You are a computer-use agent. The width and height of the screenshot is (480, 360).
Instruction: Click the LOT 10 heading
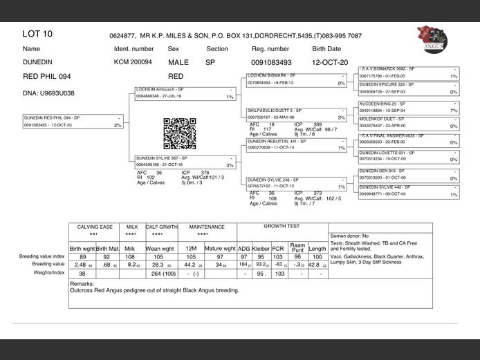point(37,34)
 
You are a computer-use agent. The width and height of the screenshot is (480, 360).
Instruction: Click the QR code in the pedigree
point(175,133)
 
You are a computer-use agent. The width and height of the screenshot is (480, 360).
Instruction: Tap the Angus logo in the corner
point(432,38)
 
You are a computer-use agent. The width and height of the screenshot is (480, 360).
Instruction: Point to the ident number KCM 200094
point(133,62)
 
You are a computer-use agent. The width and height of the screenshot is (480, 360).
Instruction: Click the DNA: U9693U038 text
point(48,93)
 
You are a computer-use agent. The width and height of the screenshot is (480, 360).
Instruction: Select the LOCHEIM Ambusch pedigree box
point(185,93)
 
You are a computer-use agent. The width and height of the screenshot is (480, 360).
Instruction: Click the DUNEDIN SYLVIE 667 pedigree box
point(185,162)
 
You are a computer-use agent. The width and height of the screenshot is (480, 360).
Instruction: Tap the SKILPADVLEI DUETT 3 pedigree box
point(296,114)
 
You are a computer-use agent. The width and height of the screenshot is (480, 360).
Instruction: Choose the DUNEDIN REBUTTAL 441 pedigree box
point(296,144)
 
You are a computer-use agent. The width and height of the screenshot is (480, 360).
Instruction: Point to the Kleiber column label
point(261,248)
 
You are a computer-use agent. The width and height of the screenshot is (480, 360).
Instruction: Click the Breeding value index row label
point(41,256)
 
